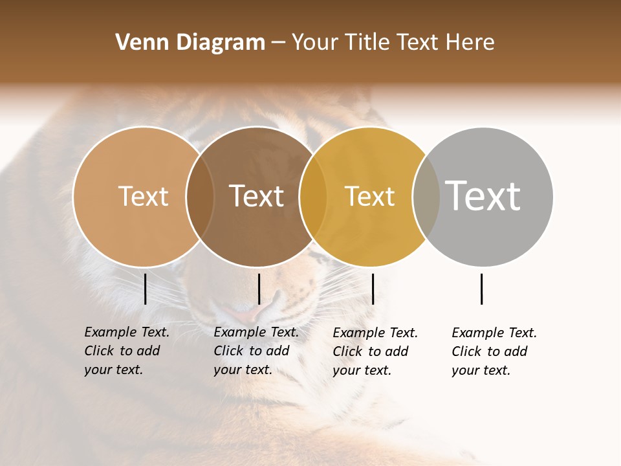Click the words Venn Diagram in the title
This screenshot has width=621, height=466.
pos(190,43)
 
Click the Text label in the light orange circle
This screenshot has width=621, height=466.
pos(143,196)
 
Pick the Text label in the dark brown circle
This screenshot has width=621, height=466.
pos(257,196)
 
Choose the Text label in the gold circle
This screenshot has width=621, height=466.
pos(369,196)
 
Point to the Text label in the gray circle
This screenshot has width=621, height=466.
pos(483,195)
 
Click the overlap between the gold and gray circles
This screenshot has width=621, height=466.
pos(426,197)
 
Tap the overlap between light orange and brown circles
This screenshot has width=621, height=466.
pos(200,197)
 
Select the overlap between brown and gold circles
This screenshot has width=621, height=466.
pos(313,197)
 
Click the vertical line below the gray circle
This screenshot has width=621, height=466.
pos(482,289)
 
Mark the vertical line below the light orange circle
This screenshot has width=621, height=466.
pos(146,289)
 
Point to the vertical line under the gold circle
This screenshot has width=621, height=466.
pos(373,289)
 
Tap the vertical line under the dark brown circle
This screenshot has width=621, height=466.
pos(259,289)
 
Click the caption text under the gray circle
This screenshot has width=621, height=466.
pos(494,351)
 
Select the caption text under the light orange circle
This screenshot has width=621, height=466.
pos(126,351)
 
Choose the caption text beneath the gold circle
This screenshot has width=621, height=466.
pos(375,351)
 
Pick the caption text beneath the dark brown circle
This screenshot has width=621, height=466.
pos(256,351)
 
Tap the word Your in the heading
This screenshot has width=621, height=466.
pos(315,43)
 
